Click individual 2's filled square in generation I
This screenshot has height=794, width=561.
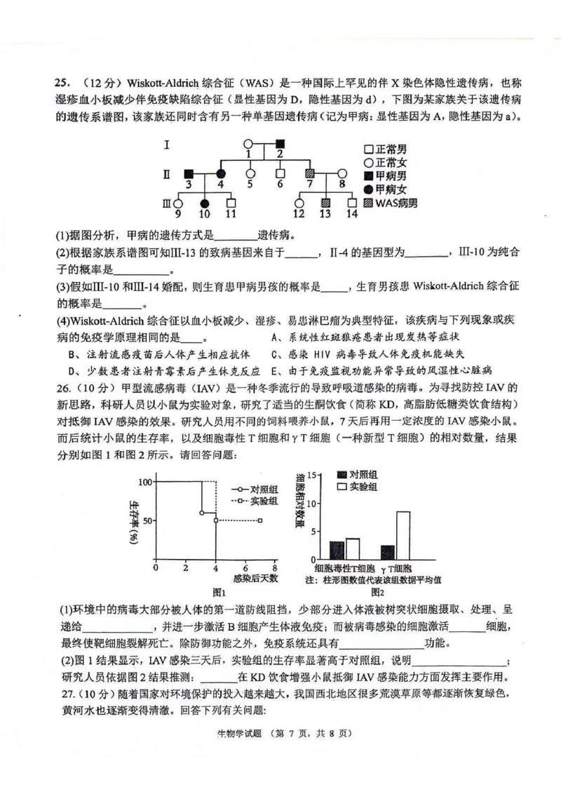[279, 143]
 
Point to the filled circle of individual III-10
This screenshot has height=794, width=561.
[205, 203]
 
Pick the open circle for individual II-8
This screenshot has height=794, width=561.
[342, 173]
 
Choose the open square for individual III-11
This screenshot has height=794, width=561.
[231, 203]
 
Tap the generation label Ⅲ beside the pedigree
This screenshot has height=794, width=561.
[166, 203]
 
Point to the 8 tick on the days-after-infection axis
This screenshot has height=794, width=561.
[275, 568]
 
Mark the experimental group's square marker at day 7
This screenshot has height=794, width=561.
[259, 520]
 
